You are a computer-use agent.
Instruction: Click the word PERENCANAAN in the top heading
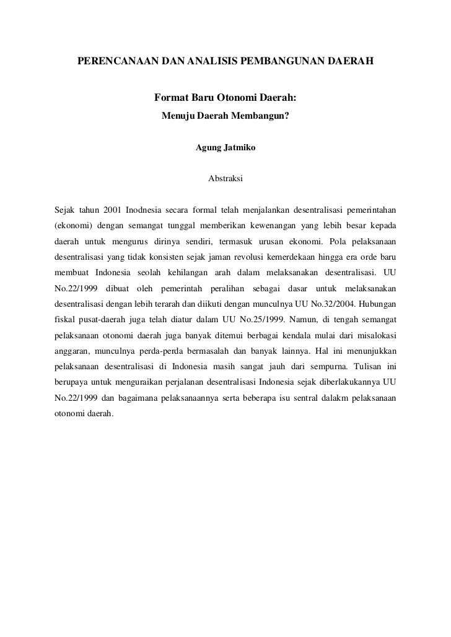pyautogui.click(x=110, y=62)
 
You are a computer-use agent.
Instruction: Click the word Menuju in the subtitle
pyautogui.click(x=178, y=116)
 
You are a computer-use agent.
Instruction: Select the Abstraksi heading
pyautogui.click(x=225, y=179)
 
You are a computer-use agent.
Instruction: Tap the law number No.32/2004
pyautogui.click(x=340, y=306)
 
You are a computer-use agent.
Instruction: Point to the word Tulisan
pyautogui.click(x=362, y=373)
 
